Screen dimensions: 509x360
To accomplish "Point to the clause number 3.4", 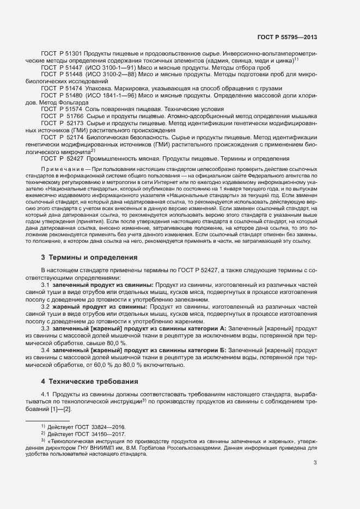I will [46, 350].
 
